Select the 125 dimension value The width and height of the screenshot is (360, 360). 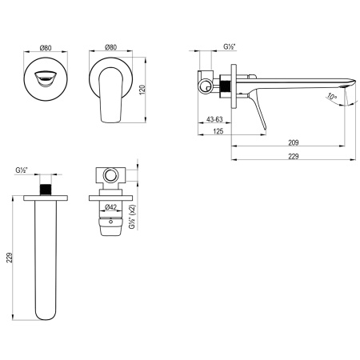[x=217, y=132]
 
